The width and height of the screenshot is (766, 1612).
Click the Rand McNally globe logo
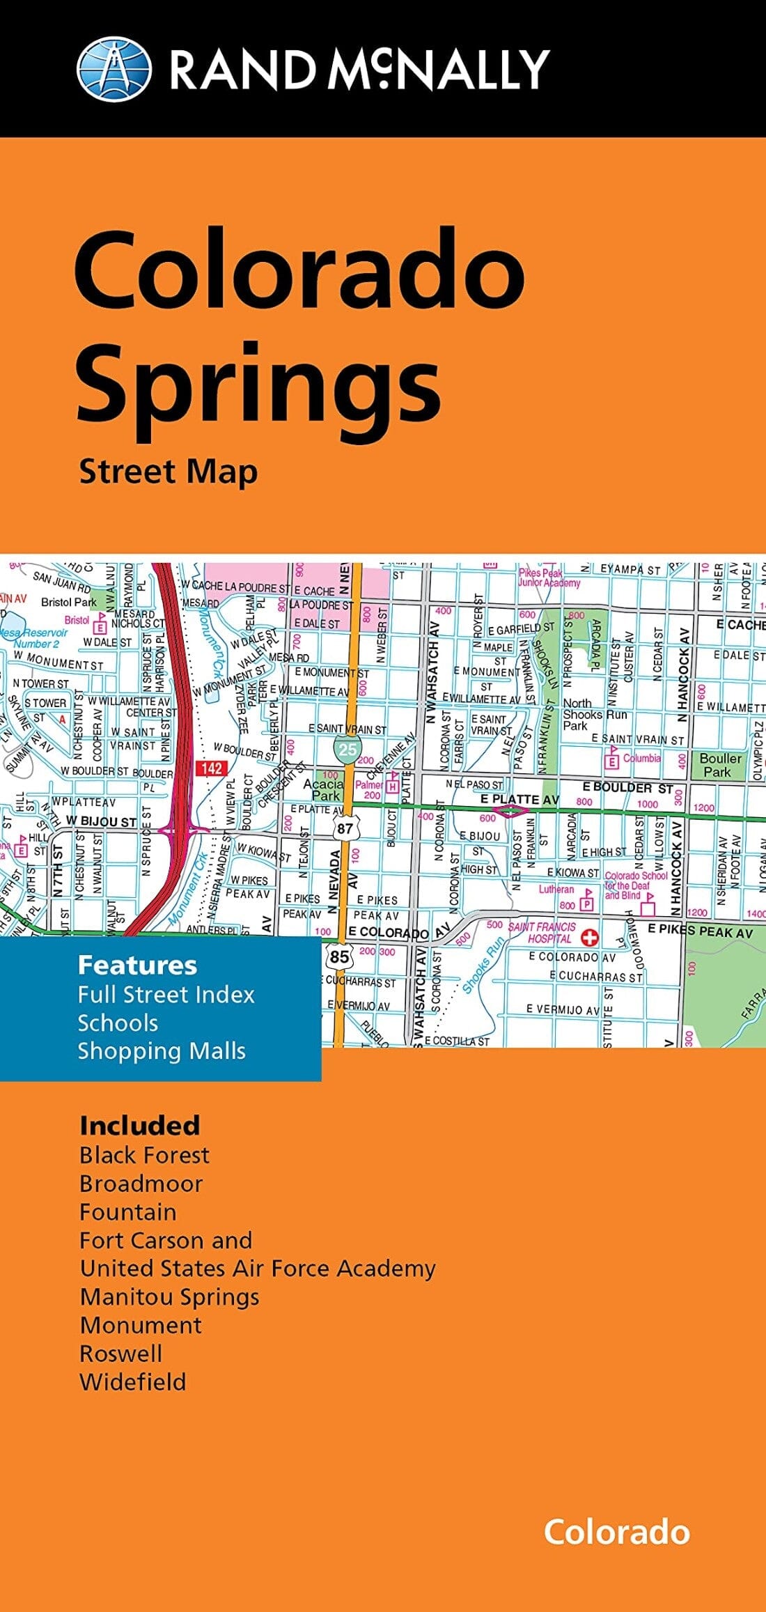pyautogui.click(x=114, y=69)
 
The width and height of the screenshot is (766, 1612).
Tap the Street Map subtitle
pyautogui.click(x=168, y=472)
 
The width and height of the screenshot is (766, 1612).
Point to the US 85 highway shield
pyautogui.click(x=339, y=956)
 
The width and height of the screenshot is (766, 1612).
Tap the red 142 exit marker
pyautogui.click(x=212, y=768)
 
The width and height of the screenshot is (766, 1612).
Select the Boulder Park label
pyautogui.click(x=719, y=764)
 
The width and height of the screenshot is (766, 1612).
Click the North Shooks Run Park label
pyautogui.click(x=594, y=714)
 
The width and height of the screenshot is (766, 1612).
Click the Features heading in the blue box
pyautogui.click(x=137, y=965)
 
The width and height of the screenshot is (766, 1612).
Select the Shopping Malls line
pyautogui.click(x=162, y=1051)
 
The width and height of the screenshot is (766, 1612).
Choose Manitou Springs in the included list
pyautogui.click(x=169, y=1296)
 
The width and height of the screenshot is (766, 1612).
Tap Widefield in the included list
pyautogui.click(x=133, y=1381)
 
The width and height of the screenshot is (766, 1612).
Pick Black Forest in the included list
pyautogui.click(x=144, y=1155)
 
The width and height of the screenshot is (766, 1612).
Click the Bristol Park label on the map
pyautogui.click(x=68, y=602)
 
